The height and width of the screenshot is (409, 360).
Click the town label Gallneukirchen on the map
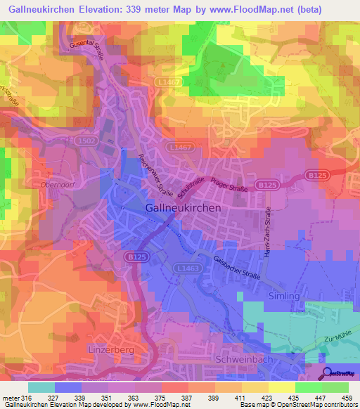183,208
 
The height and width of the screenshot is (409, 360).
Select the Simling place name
283,296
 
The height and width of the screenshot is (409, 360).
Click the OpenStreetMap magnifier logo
326,373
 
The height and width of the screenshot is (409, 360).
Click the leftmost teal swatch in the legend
41,387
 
